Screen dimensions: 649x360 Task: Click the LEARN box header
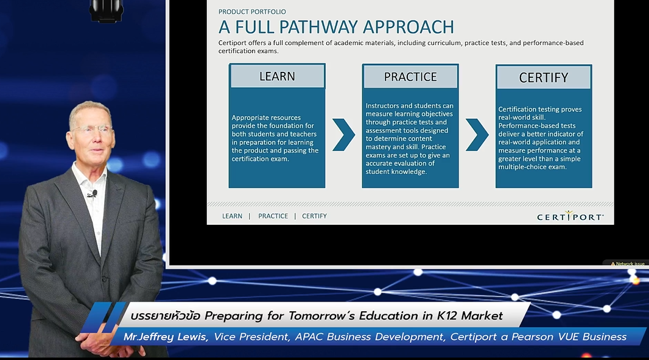click(x=277, y=76)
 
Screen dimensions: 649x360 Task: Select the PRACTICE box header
click(x=410, y=77)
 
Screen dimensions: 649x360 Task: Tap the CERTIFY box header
click(x=544, y=77)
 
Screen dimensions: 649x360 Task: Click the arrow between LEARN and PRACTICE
click(x=343, y=135)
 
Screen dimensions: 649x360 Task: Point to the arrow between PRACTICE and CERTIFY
click(x=477, y=135)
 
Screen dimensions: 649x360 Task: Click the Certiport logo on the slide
click(x=570, y=216)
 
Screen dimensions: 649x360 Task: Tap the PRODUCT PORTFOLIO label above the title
click(x=252, y=12)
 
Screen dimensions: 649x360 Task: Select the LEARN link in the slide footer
click(x=232, y=216)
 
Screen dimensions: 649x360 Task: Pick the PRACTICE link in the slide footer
click(x=273, y=216)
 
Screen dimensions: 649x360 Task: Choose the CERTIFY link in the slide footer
click(x=315, y=216)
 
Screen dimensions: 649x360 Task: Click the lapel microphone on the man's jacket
click(x=93, y=194)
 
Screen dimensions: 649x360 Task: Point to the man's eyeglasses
click(x=92, y=130)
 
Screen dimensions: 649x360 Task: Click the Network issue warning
click(x=628, y=264)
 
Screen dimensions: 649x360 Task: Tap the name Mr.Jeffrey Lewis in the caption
click(x=166, y=337)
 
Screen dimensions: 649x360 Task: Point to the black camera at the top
click(x=106, y=10)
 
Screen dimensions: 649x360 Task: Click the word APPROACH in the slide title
click(x=409, y=27)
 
